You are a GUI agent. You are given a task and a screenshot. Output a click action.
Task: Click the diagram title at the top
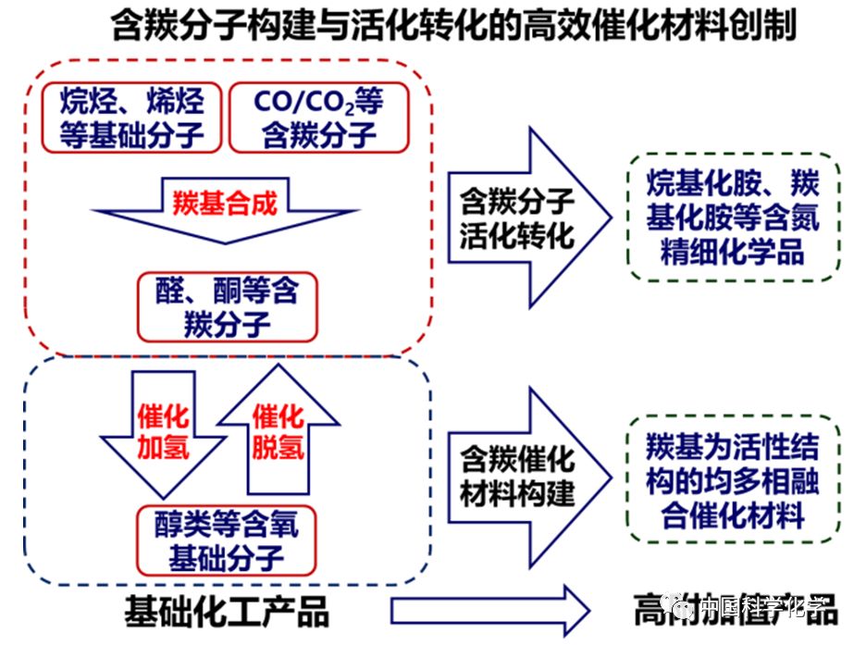452,26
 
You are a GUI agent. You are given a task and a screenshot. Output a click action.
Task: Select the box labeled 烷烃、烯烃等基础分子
131,118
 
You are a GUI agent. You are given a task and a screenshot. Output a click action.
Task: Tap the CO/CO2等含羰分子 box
318,118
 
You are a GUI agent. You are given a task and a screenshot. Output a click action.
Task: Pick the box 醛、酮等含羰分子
228,306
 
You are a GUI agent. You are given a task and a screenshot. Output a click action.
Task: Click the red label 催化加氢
163,431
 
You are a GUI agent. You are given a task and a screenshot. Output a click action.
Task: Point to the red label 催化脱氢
278,431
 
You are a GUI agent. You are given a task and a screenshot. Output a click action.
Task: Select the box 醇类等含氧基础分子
227,540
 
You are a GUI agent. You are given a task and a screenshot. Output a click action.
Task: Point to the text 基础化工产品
227,611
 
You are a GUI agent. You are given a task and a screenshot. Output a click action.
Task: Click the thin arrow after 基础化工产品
490,611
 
